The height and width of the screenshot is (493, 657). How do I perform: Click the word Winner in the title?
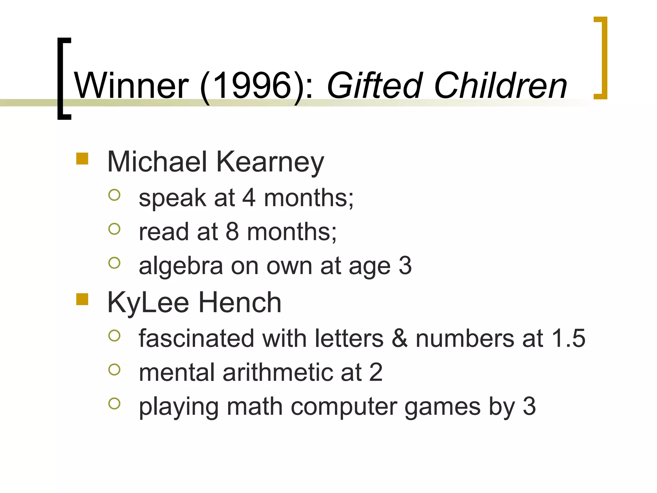tap(132, 86)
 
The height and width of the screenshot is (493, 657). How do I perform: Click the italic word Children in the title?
tap(500, 86)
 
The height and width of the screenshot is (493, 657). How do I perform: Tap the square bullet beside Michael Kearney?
tap(82, 159)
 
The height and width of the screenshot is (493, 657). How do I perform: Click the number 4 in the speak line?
tap(249, 198)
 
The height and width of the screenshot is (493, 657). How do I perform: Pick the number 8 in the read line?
tap(232, 231)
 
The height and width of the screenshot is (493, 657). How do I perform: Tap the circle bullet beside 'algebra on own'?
tap(114, 263)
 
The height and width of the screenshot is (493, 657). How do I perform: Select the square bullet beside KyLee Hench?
tap(82, 299)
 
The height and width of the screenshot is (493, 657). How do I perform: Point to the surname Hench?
tap(240, 302)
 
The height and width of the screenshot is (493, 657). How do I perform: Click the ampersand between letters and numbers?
tap(399, 338)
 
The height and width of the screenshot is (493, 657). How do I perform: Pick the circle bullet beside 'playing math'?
tap(114, 403)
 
